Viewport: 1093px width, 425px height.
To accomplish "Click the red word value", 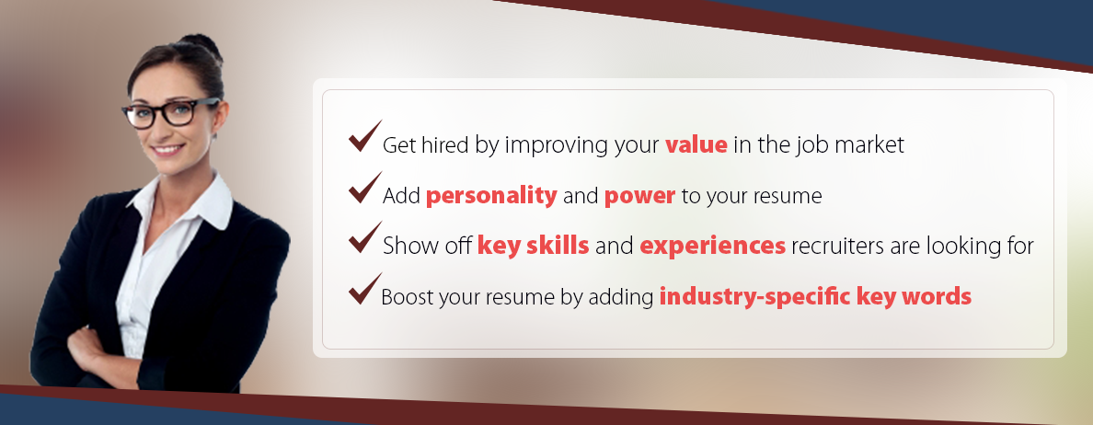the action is (x=696, y=145).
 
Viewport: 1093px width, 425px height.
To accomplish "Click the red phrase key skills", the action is (x=534, y=246).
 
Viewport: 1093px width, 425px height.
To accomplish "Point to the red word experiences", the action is (x=712, y=247).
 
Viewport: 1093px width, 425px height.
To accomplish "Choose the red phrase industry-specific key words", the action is (x=815, y=297).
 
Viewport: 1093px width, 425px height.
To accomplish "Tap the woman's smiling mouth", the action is (x=168, y=149).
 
